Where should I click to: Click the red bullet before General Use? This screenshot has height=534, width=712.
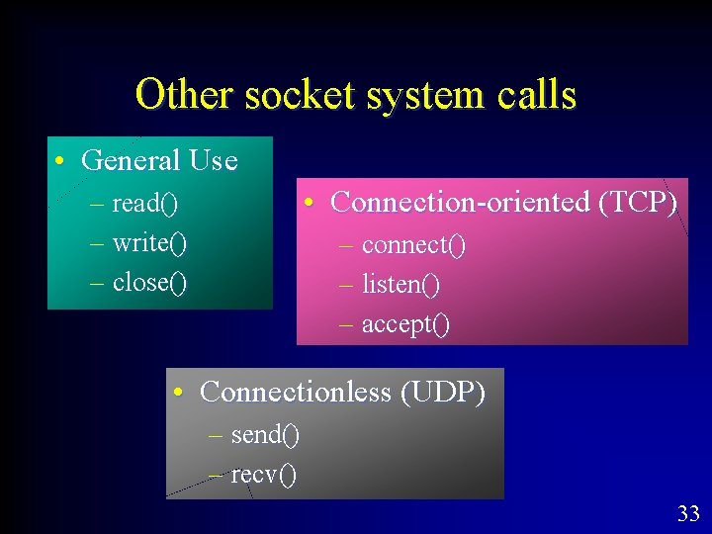pyautogui.click(x=61, y=161)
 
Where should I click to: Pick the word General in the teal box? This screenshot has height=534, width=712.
pyautogui.click(x=131, y=160)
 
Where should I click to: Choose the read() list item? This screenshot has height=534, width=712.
pyautogui.click(x=144, y=204)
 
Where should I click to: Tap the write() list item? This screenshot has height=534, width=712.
pyautogui.click(x=150, y=243)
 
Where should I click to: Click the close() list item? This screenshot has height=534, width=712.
pyautogui.click(x=149, y=283)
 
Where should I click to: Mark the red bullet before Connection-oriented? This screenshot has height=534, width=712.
pyautogui.click(x=311, y=203)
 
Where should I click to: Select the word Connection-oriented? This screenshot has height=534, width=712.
pyautogui.click(x=460, y=202)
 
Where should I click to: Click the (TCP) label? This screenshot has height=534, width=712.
pyautogui.click(x=638, y=203)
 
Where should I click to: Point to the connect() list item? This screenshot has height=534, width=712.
pyautogui.click(x=413, y=244)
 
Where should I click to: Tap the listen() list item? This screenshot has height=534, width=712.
pyautogui.click(x=400, y=285)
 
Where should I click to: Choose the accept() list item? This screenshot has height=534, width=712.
pyautogui.click(x=405, y=324)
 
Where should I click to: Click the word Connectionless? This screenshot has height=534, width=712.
pyautogui.click(x=296, y=393)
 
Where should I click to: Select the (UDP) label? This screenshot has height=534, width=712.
pyautogui.click(x=443, y=393)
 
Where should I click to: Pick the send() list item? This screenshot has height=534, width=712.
pyautogui.click(x=265, y=434)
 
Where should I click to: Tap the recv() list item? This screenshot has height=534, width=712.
pyautogui.click(x=263, y=475)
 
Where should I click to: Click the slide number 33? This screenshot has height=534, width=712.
pyautogui.click(x=688, y=513)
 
